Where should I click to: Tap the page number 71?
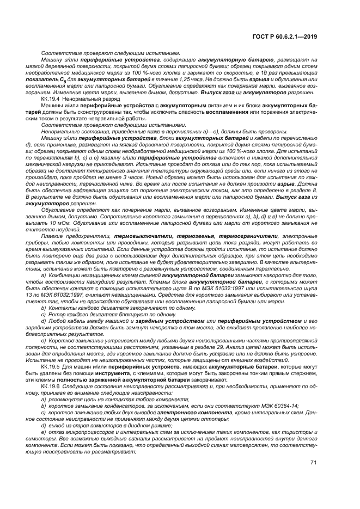click(x=314, y=477)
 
